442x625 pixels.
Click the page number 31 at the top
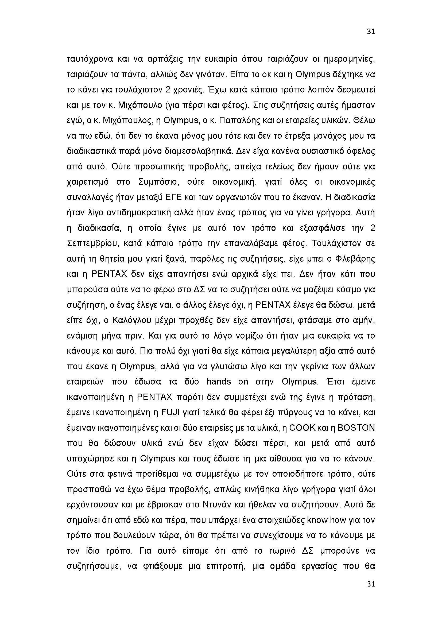point(371,32)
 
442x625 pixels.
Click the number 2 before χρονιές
point(168,90)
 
